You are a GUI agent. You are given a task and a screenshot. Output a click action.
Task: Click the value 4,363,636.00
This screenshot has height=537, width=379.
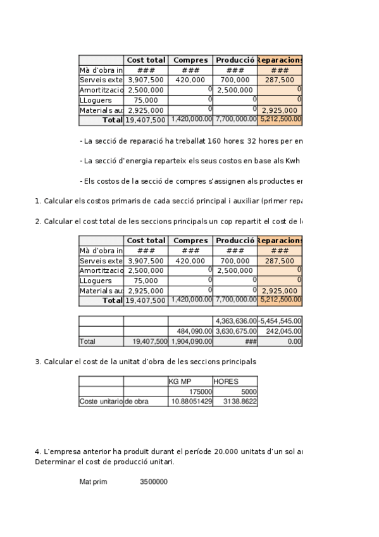click(x=235, y=321)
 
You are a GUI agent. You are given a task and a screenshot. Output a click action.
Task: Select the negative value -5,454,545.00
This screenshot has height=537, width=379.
click(x=280, y=321)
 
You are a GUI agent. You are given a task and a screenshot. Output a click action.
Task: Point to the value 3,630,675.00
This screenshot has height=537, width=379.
click(x=235, y=331)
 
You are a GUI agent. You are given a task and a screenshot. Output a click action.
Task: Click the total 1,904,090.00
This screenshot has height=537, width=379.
click(x=190, y=341)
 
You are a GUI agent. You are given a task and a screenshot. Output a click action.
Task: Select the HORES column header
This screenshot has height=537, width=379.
click(x=226, y=382)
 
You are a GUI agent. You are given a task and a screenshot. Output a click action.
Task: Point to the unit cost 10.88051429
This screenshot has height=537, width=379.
click(x=190, y=401)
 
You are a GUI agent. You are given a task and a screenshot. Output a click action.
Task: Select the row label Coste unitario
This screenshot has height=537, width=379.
click(x=101, y=401)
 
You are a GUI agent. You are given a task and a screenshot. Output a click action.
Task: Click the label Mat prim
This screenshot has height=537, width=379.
click(x=93, y=482)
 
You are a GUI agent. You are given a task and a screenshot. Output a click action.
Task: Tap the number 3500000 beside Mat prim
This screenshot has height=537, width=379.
click(x=154, y=482)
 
